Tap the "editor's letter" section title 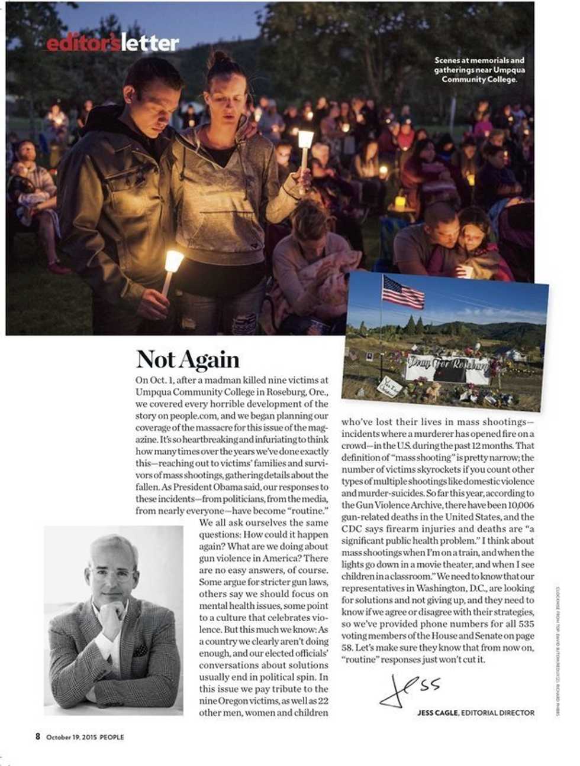[112, 43]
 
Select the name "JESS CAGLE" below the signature [437, 713]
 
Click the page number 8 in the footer [37, 736]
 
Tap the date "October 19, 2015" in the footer [72, 737]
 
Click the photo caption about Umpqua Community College [479, 69]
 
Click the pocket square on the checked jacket [140, 651]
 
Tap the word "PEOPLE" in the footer [112, 737]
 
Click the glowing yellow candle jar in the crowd [400, 202]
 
